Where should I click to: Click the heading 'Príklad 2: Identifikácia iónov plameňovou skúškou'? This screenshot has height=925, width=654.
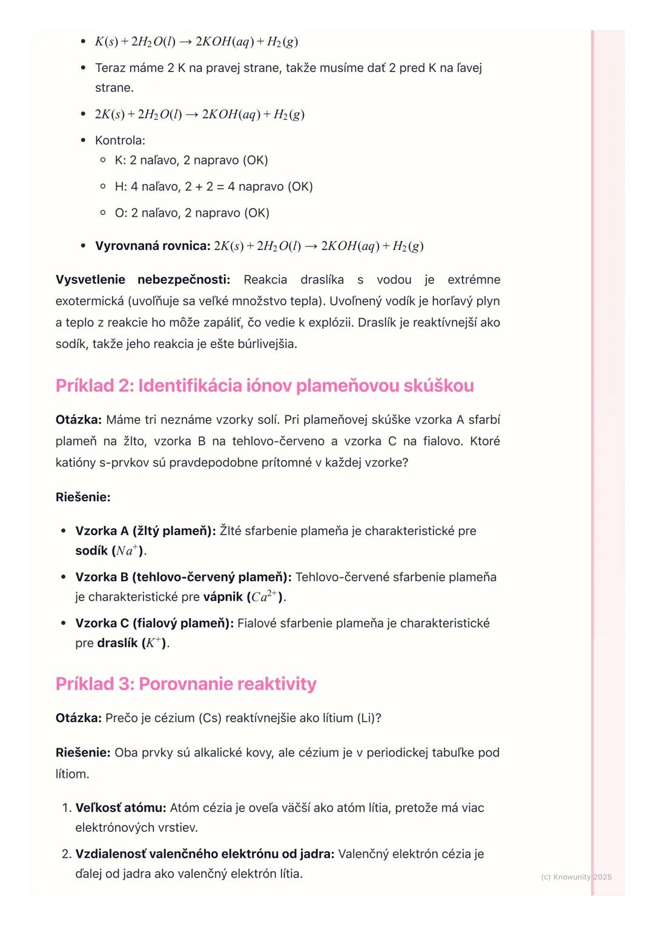[x=265, y=386]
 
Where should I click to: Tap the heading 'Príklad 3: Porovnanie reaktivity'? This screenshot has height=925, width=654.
[x=186, y=683]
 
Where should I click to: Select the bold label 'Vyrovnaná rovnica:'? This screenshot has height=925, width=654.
[x=153, y=246]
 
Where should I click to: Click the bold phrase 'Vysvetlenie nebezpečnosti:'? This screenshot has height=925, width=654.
[x=143, y=280]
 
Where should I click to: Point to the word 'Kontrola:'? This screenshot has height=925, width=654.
[x=120, y=140]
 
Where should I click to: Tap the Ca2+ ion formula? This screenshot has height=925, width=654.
[x=264, y=596]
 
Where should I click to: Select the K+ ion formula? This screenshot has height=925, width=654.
[x=154, y=643]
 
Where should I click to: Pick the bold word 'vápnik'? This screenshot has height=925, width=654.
[x=223, y=597]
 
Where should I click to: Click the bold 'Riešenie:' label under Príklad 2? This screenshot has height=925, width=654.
[x=83, y=497]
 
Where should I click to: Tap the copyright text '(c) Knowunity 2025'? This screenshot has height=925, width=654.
[x=576, y=877]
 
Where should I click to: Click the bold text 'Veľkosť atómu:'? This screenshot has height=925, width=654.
[x=121, y=808]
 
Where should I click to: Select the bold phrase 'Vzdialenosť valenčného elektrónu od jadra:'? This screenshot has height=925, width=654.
[x=205, y=854]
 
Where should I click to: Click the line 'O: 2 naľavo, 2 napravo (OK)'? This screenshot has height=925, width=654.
[x=192, y=213]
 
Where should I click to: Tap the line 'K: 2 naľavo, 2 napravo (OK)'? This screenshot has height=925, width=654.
[x=191, y=160]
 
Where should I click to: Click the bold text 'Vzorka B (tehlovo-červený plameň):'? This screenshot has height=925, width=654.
[x=183, y=577]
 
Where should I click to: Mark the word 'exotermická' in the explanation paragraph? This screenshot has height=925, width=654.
[x=90, y=301]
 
